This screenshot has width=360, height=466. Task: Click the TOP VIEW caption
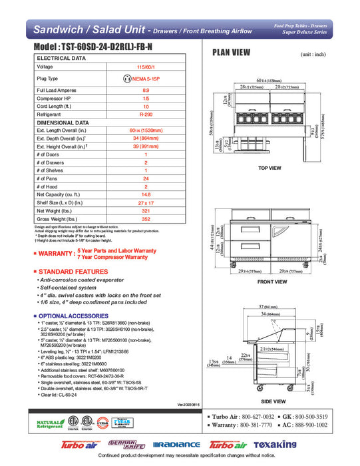click(x=271, y=168)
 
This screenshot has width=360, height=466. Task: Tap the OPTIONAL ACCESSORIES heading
click(x=75, y=315)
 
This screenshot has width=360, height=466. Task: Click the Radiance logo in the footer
click(x=176, y=445)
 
